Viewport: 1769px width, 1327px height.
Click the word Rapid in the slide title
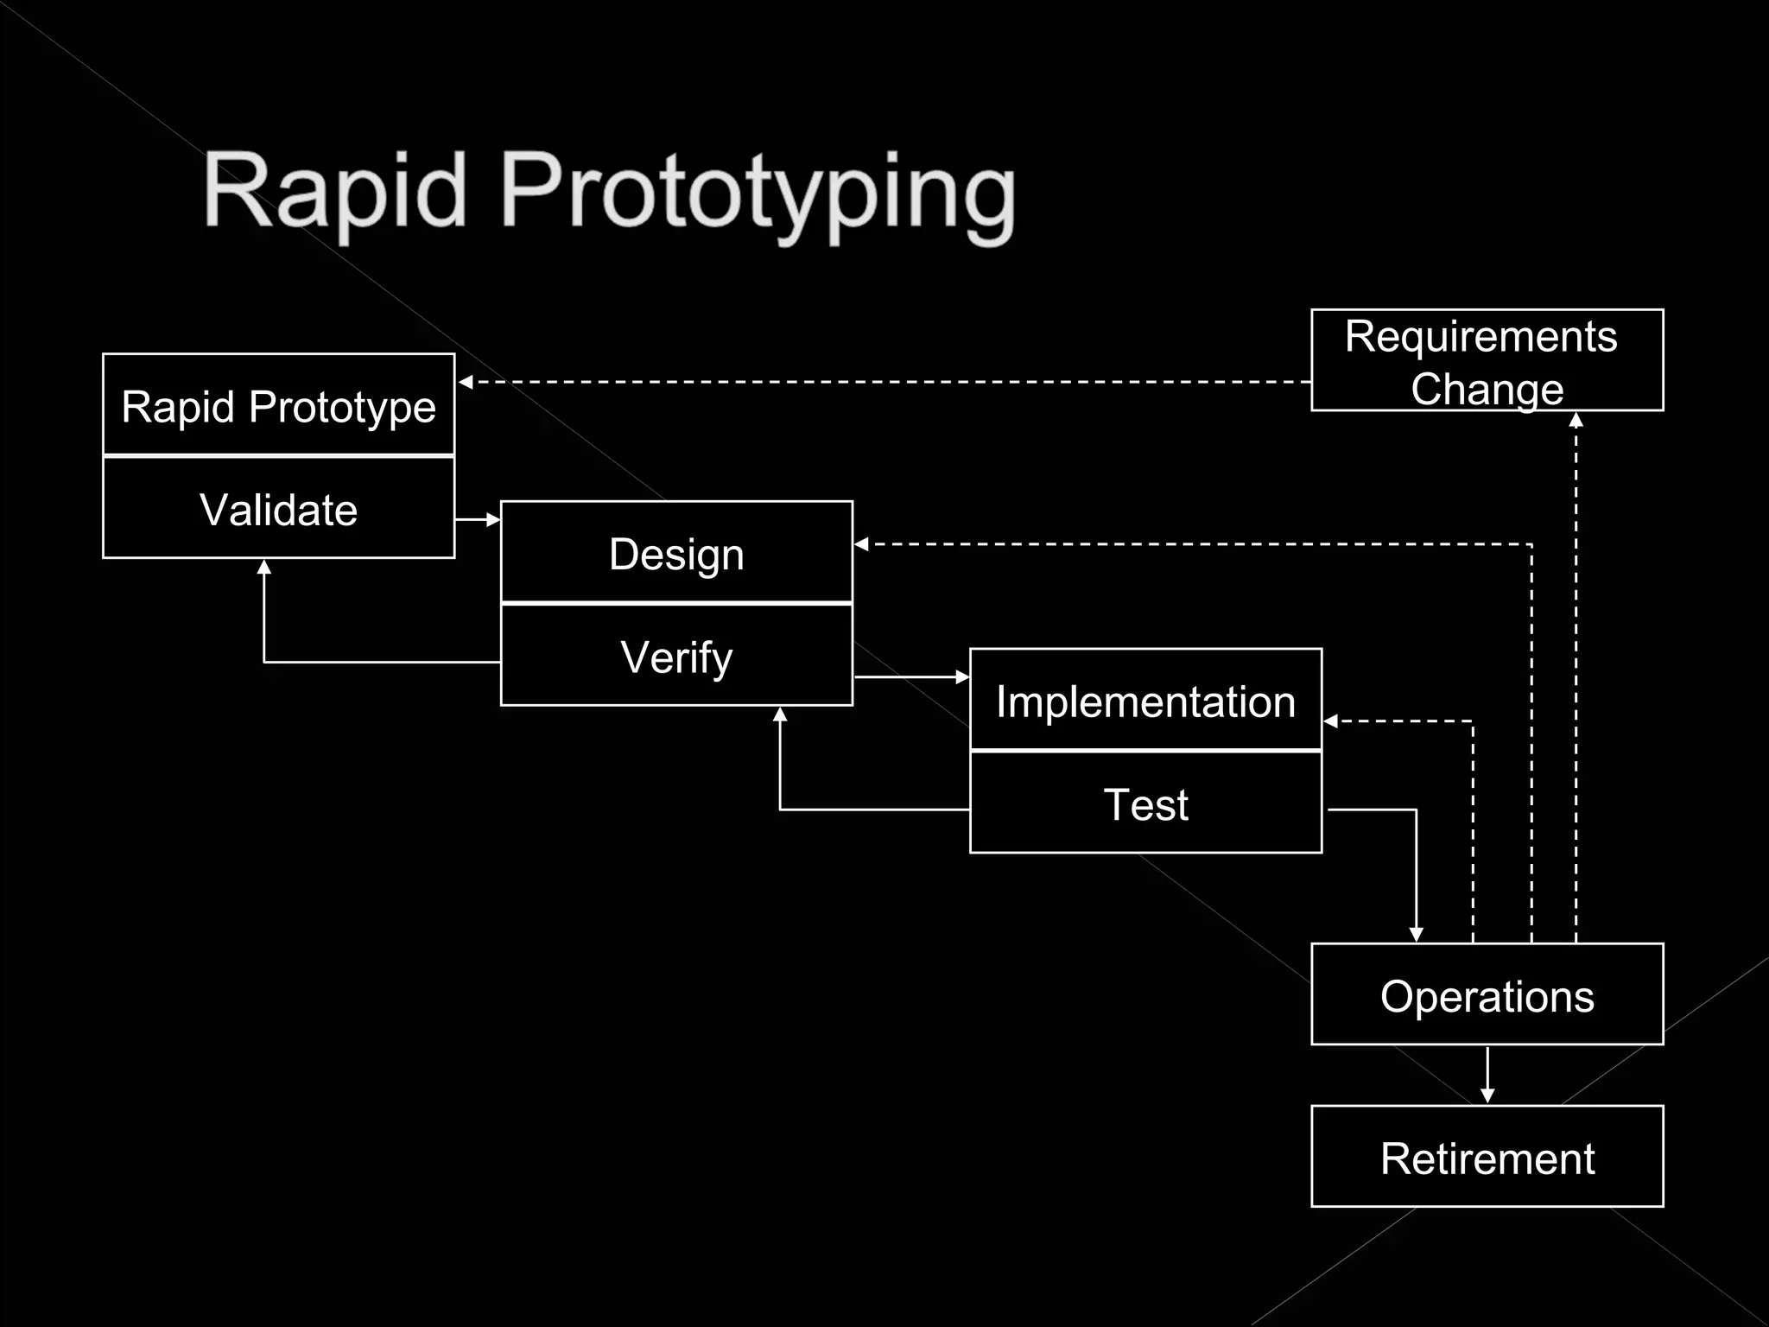(335, 192)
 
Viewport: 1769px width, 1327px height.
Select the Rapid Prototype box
(278, 405)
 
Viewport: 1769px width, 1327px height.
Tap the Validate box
(278, 509)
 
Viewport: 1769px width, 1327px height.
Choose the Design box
(676, 553)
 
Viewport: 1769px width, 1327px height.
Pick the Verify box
(676, 656)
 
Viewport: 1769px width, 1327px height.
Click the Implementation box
(1145, 701)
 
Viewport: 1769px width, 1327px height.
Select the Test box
(1145, 803)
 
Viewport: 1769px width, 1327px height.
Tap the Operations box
(1487, 995)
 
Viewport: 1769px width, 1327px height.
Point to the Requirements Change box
(1487, 360)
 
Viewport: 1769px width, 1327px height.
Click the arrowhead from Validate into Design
(493, 519)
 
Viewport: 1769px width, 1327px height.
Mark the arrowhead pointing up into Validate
(264, 568)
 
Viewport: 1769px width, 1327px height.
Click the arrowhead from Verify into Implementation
(962, 677)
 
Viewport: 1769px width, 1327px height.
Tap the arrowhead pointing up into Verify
(780, 714)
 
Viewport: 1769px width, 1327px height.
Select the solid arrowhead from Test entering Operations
(1416, 934)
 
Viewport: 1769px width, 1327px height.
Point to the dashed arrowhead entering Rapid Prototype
(466, 382)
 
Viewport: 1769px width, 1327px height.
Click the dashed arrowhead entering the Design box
(861, 544)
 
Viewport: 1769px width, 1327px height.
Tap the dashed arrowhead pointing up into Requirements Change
(1576, 420)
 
